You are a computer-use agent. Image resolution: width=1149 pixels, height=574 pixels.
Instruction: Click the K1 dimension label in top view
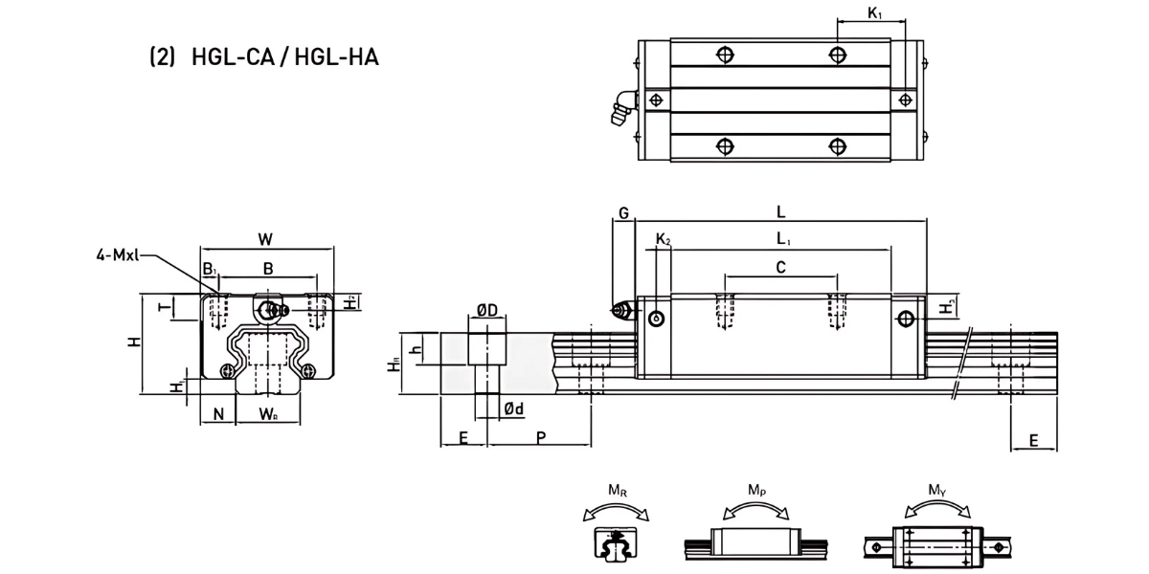874,13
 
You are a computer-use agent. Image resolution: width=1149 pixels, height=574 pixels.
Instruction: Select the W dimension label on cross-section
266,239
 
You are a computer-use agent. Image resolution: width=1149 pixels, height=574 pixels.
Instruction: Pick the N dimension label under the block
218,414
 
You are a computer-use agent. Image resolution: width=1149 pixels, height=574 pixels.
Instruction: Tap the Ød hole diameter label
513,409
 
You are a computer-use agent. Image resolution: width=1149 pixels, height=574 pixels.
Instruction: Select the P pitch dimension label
541,437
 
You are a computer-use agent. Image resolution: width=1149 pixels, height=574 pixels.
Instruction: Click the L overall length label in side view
781,210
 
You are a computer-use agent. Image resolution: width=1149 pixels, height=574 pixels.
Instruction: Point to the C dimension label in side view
780,269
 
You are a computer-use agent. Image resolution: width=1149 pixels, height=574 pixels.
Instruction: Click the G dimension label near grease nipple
622,213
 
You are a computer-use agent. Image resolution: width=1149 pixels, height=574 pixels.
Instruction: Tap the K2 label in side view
663,239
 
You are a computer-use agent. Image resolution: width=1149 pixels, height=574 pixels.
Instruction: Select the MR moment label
618,494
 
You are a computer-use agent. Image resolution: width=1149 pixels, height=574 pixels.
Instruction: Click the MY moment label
937,491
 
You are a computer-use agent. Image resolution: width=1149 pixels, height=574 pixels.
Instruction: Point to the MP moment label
756,491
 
